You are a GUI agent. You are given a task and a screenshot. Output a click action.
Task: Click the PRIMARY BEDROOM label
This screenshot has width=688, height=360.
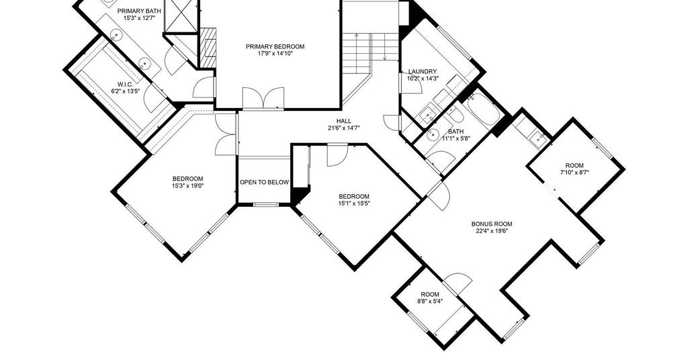pyautogui.click(x=275, y=47)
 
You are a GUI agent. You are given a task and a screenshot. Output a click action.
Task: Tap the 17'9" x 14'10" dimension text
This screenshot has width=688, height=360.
pyautogui.click(x=275, y=54)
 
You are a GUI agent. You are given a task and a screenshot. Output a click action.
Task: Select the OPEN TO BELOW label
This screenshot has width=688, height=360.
pyautogui.click(x=264, y=183)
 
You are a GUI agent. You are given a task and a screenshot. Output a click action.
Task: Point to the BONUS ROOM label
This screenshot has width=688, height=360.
pyautogui.click(x=491, y=224)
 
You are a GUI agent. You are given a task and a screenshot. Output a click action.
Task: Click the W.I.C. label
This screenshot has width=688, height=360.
pyautogui.click(x=125, y=85)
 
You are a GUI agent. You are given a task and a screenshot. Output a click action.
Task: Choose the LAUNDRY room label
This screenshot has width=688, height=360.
pyautogui.click(x=423, y=72)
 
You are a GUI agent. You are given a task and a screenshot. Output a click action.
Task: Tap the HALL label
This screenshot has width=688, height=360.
pyautogui.click(x=343, y=121)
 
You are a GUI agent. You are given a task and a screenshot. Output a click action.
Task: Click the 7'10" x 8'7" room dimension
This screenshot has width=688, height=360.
pyautogui.click(x=574, y=173)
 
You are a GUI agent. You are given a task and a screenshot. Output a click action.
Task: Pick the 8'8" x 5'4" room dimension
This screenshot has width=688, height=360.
pyautogui.click(x=430, y=302)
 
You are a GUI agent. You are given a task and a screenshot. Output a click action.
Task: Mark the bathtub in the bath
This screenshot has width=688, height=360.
pyautogui.click(x=482, y=109)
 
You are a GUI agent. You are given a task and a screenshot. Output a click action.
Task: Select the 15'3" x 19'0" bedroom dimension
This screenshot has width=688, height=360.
pyautogui.click(x=188, y=185)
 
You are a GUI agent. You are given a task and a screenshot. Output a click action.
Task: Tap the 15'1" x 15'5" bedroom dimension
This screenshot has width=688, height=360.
pyautogui.click(x=353, y=203)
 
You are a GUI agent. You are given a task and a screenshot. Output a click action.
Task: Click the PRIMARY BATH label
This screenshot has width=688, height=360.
pyautogui.click(x=139, y=11)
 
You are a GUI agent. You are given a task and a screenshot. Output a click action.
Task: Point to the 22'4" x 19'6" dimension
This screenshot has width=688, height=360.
pyautogui.click(x=491, y=230)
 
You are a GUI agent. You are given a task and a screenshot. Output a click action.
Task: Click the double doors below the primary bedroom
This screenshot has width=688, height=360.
pyautogui.click(x=263, y=98)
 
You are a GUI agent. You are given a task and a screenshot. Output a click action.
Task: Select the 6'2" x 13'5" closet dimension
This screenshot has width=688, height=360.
pyautogui.click(x=125, y=91)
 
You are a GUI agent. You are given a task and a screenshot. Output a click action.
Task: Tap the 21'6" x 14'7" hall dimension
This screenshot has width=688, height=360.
pyautogui.click(x=343, y=128)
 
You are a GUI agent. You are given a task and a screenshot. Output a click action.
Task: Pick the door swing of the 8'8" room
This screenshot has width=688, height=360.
pyautogui.click(x=458, y=280)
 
